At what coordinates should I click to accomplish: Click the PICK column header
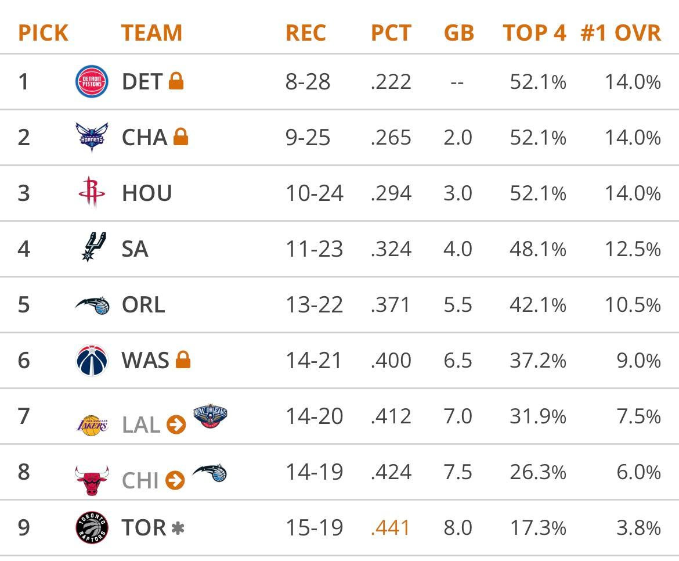[43, 33]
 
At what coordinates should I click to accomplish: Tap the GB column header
[458, 33]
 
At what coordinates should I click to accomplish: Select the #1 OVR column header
[620, 33]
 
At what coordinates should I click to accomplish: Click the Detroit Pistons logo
[92, 82]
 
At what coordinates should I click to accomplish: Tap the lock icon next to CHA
[180, 137]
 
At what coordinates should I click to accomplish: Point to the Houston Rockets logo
[92, 193]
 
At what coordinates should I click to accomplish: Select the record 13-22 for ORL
[313, 305]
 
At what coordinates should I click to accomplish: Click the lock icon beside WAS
[183, 360]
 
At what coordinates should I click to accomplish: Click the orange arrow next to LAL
[176, 425]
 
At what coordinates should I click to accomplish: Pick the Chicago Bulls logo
[92, 480]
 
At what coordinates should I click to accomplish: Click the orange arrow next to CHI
[175, 481]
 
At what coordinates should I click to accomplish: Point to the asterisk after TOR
[178, 528]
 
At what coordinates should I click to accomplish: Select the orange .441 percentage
[391, 528]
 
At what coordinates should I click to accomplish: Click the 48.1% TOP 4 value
[537, 249]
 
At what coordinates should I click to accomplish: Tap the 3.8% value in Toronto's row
[638, 528]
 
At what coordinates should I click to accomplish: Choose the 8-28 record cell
[308, 82]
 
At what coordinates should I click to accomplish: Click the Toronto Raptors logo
[92, 527]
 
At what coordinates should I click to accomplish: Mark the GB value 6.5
[458, 361]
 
